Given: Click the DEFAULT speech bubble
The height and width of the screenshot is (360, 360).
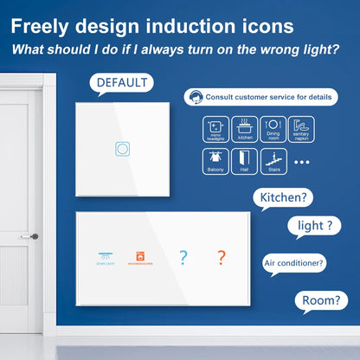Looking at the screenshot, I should (121, 84).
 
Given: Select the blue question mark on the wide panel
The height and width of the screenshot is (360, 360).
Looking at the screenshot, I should (183, 256).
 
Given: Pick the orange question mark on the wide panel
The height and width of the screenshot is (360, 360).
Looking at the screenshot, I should (221, 256).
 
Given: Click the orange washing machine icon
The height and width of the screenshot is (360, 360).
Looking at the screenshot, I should (142, 256).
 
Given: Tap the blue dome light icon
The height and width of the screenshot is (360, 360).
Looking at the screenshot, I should (104, 256).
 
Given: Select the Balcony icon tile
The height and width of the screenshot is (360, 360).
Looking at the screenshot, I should (215, 160).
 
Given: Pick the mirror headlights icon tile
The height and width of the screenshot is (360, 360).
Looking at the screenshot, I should (215, 128).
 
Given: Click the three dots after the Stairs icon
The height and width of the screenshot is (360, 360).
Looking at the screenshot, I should (301, 161).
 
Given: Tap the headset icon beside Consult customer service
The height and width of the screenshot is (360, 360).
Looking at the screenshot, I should (199, 97).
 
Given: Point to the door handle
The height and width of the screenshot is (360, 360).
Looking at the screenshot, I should (33, 236).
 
